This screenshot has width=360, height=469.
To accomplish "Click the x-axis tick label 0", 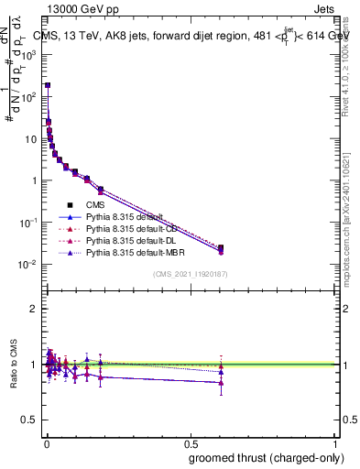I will [x=45, y=442].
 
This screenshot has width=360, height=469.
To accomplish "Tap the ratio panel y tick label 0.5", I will [x=27, y=420].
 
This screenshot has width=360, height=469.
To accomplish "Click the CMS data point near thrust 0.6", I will [x=221, y=247].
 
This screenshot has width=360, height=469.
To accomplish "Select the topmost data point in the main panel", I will [x=48, y=85].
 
